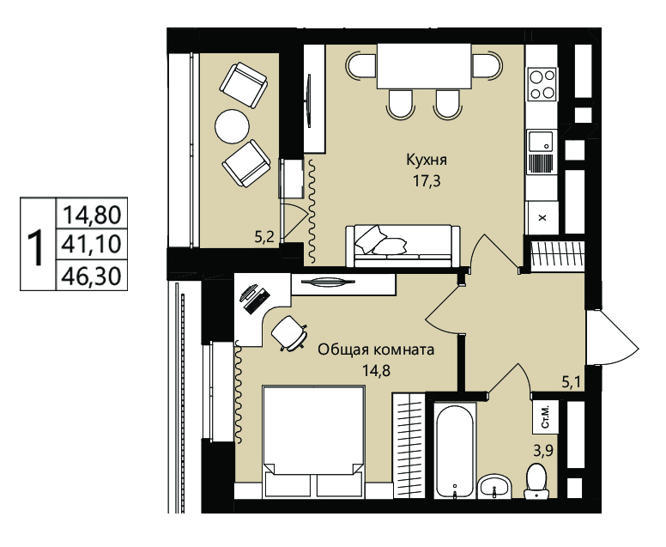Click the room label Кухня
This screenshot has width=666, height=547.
427,161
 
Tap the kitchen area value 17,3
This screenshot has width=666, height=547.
427,181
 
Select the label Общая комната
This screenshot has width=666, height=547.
376,349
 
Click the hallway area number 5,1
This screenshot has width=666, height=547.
572,383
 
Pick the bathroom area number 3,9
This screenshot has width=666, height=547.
543,450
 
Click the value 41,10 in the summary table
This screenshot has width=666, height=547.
92,244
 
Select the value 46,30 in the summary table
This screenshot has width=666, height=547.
92,277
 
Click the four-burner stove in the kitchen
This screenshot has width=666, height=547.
542,84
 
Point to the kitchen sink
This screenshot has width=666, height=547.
542,143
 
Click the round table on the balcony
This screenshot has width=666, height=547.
232,126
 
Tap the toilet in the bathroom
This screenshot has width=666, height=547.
536,481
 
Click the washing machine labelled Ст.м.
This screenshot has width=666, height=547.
544,416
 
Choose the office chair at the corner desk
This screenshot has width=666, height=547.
289,334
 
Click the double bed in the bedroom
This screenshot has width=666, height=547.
313,441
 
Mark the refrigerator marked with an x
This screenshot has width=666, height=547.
542,217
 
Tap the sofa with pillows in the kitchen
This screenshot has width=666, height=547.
403,246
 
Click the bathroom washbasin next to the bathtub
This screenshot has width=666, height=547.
494,486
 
